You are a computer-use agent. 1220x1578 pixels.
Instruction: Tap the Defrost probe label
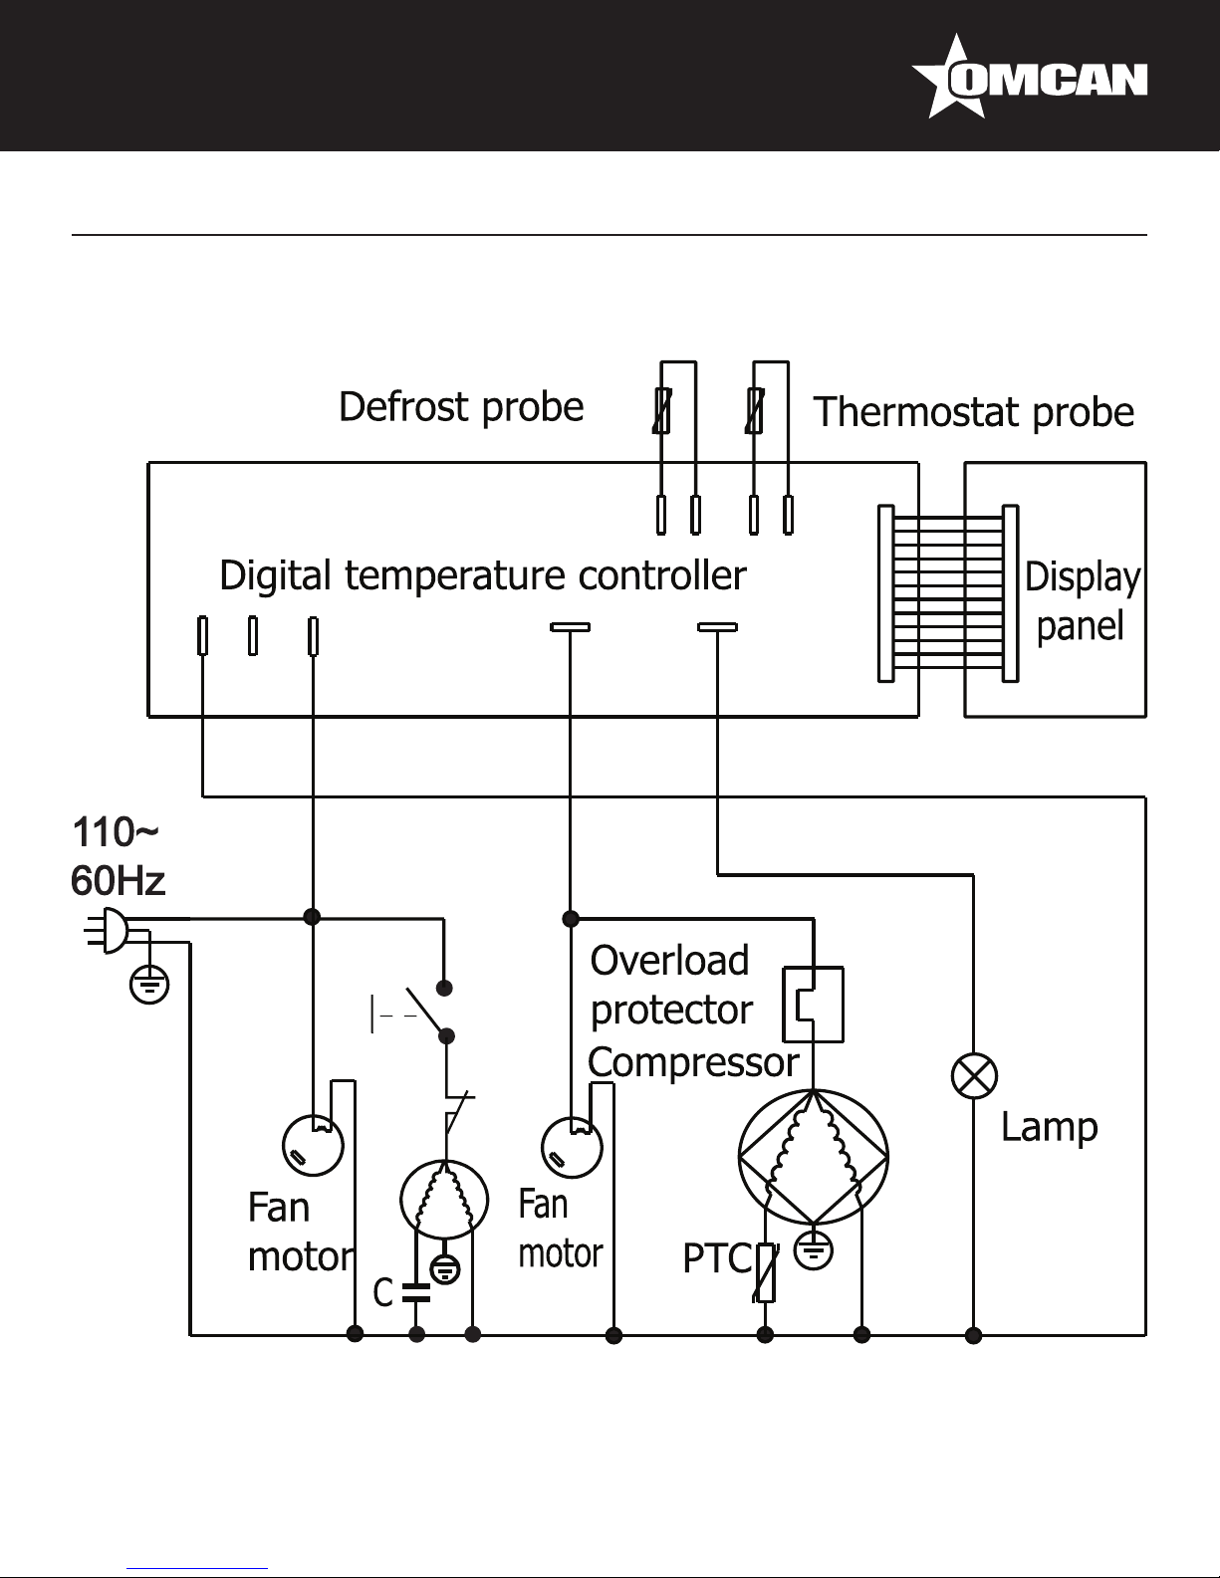(461, 407)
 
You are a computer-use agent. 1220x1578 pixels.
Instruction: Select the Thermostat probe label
(973, 412)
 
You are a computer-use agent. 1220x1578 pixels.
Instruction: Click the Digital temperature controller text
(483, 575)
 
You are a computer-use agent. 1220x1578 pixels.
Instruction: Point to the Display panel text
(1082, 601)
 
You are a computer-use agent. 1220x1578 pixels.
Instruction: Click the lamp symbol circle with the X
(974, 1075)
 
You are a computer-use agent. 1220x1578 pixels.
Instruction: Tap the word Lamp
(1050, 1128)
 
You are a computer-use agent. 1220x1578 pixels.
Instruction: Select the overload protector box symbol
(813, 1005)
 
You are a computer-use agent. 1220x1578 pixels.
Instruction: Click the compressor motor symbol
(813, 1157)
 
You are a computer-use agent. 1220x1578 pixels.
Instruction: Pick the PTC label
(717, 1258)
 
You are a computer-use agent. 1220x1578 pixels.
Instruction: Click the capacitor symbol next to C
(416, 1293)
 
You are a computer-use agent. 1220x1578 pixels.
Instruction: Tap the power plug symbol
(107, 930)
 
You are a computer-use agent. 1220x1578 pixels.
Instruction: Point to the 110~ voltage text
(115, 832)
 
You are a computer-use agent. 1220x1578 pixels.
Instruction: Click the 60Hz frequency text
(118, 881)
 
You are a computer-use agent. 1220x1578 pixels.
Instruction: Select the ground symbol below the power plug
(148, 986)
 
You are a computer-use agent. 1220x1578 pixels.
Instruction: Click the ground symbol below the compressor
(814, 1250)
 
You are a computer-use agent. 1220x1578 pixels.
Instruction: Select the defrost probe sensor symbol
(661, 411)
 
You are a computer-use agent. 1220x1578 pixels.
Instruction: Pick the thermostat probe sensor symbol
(755, 411)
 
